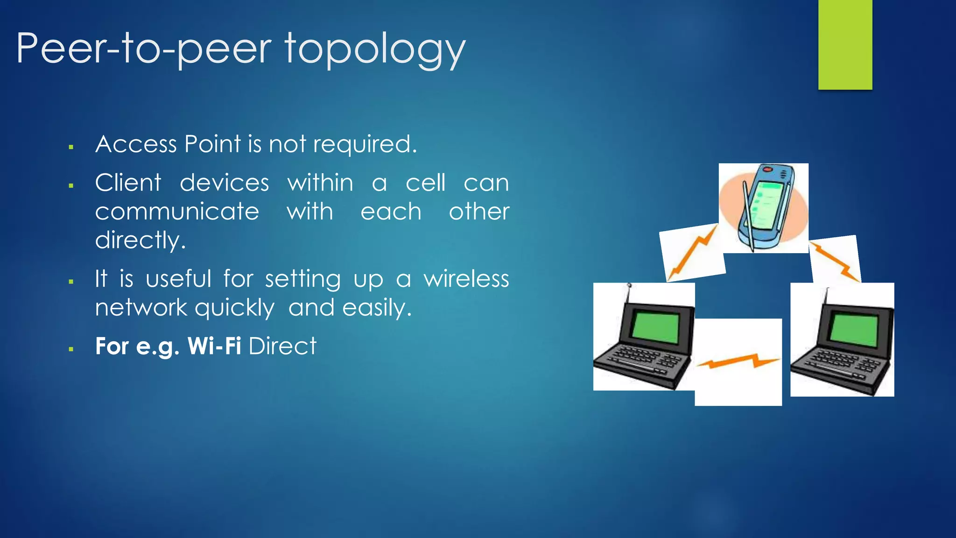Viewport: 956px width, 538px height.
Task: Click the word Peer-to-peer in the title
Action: click(143, 49)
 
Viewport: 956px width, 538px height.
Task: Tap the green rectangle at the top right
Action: click(845, 44)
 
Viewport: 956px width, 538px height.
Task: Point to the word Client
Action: click(128, 183)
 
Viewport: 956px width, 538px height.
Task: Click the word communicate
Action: click(177, 212)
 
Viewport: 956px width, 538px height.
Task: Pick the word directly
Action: click(140, 241)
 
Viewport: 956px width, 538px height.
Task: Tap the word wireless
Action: click(466, 279)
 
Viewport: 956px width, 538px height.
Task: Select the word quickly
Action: click(234, 309)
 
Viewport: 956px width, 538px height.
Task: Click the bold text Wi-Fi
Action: click(214, 346)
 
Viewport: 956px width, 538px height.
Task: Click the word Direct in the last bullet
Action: click(282, 346)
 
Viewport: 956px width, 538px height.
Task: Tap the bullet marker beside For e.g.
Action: click(71, 349)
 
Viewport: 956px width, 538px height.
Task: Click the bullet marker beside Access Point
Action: click(71, 147)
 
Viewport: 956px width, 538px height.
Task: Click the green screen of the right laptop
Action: click(854, 329)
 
